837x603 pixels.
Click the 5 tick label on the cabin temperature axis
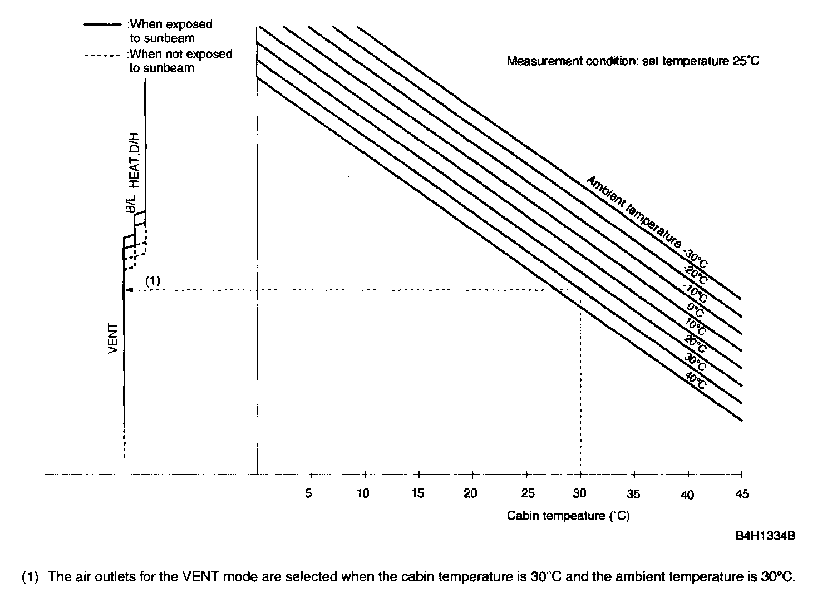click(309, 493)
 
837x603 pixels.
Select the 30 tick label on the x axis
click(580, 493)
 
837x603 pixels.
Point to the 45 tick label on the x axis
click(742, 494)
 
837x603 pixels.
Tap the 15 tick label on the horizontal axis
click(417, 493)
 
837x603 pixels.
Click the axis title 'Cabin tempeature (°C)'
click(568, 516)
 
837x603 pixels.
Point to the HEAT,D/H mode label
click(134, 160)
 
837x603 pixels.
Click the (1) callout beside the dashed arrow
click(152, 281)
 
